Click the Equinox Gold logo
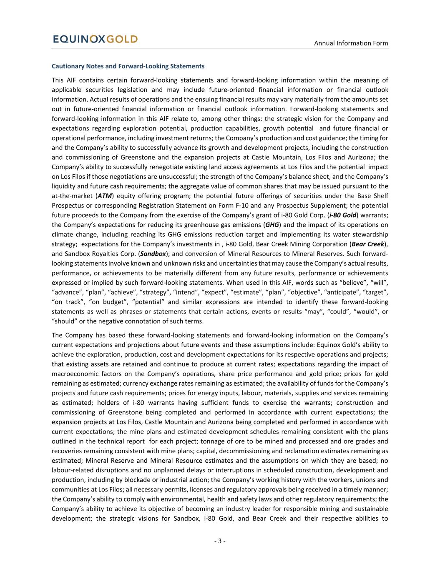[x=96, y=39]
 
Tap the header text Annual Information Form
[x=351, y=43]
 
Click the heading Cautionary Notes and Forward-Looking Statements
[x=128, y=66]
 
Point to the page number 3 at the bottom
[x=220, y=541]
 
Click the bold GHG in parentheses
[x=272, y=225]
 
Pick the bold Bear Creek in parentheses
[x=368, y=244]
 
